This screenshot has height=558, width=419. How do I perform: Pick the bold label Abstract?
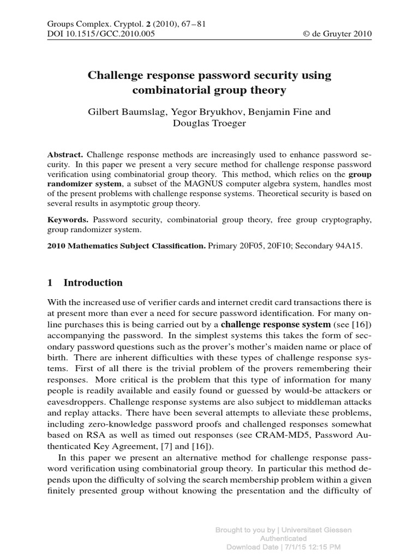[65, 154]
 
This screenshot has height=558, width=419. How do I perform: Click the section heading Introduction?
[93, 283]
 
